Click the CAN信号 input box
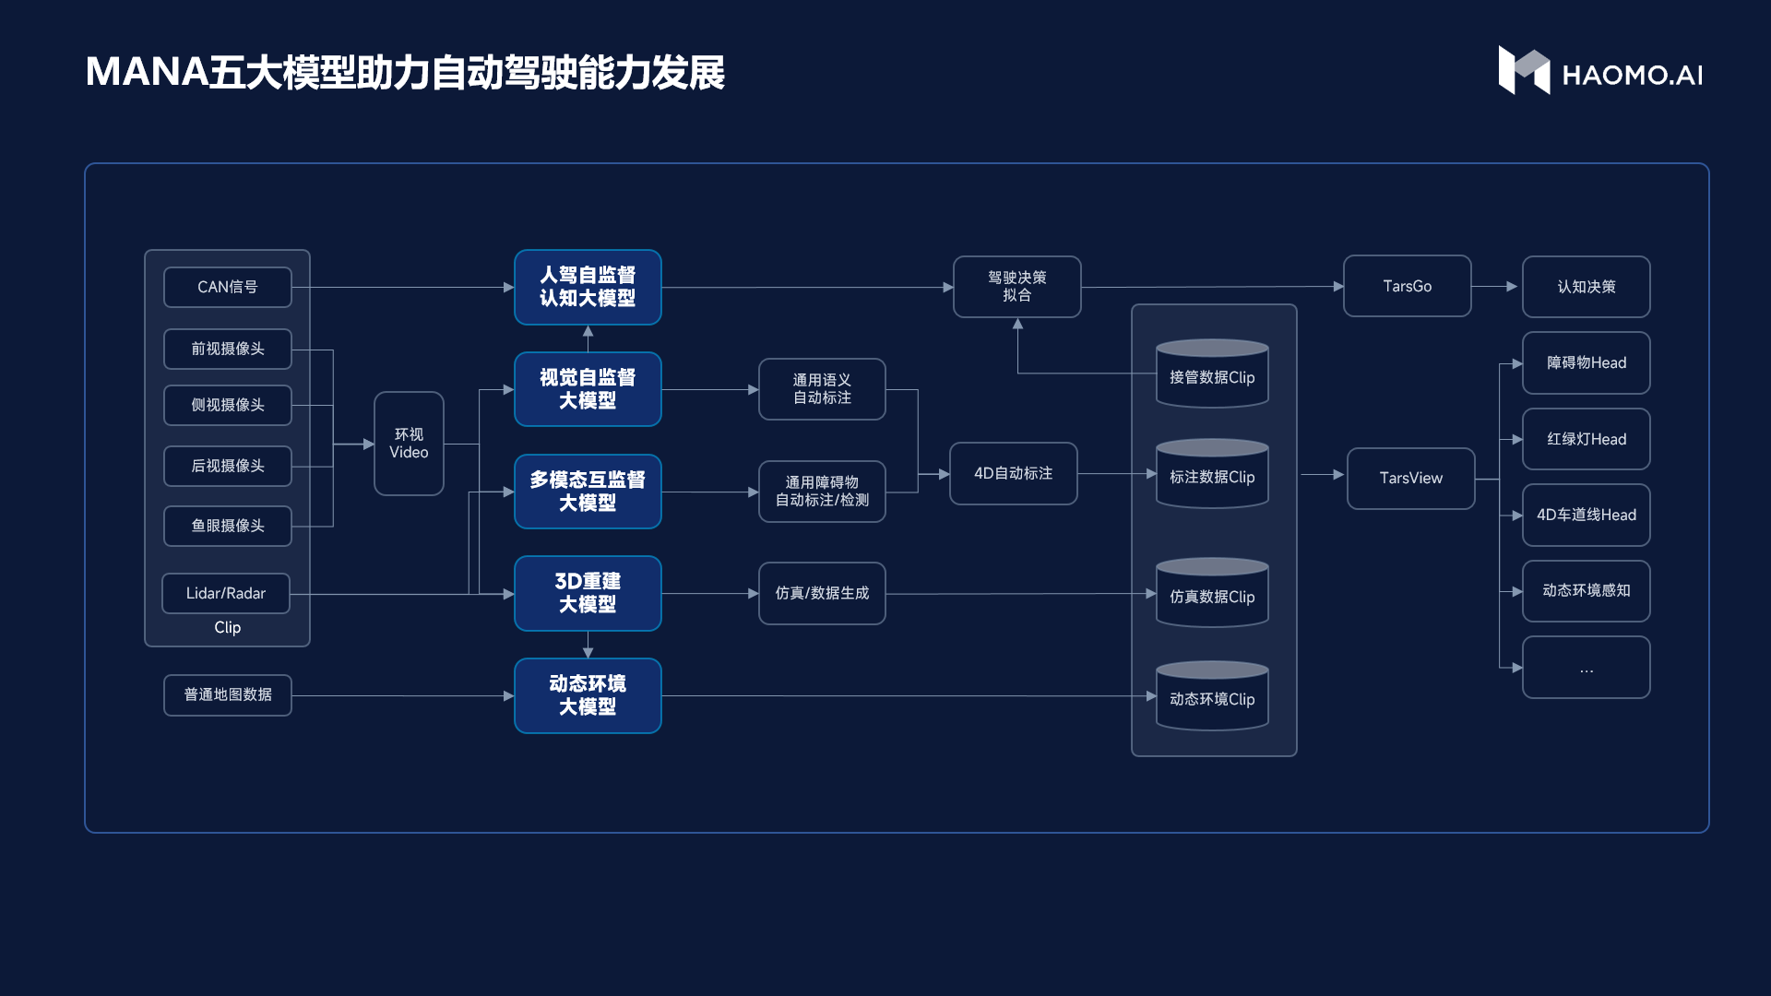coord(228,287)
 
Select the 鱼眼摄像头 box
coord(228,526)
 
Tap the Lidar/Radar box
coord(226,593)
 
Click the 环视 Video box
coord(409,444)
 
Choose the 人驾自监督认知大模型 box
coord(588,287)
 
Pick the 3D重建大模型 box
coord(588,593)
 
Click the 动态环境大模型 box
coord(588,695)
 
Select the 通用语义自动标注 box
coord(822,389)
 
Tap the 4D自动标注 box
coord(1014,473)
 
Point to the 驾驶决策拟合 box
coord(1017,287)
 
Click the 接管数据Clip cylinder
coord(1212,373)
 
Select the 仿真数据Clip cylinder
coord(1212,593)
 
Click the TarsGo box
coord(1408,286)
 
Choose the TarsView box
coord(1411,478)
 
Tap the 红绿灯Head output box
coord(1587,439)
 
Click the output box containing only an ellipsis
coord(1587,667)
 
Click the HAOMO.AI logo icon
coord(1524,70)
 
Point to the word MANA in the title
coord(148,72)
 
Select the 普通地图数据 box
coord(228,695)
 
